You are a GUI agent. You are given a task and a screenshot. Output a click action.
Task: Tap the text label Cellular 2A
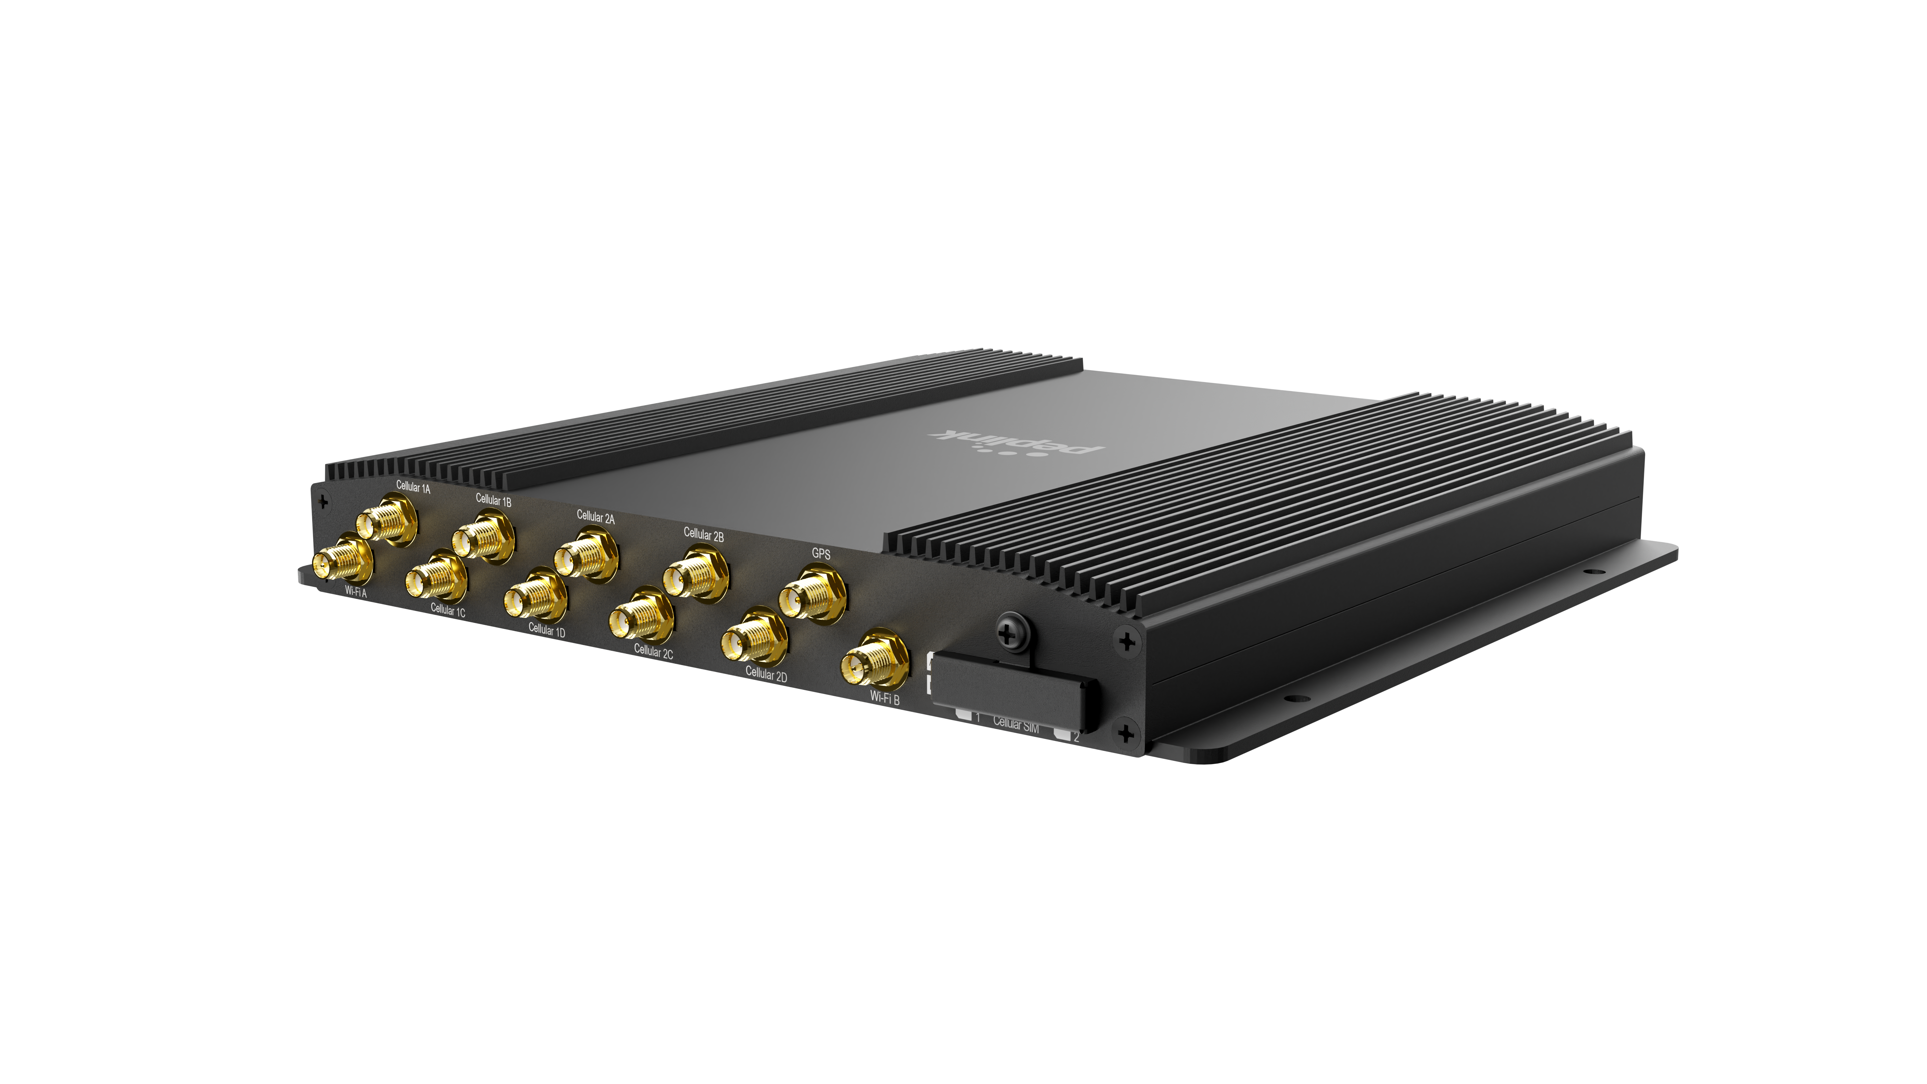[x=595, y=517]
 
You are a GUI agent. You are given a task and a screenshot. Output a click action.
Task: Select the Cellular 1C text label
[x=447, y=611]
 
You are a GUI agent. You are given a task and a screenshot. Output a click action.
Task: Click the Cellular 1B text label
[x=493, y=500]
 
